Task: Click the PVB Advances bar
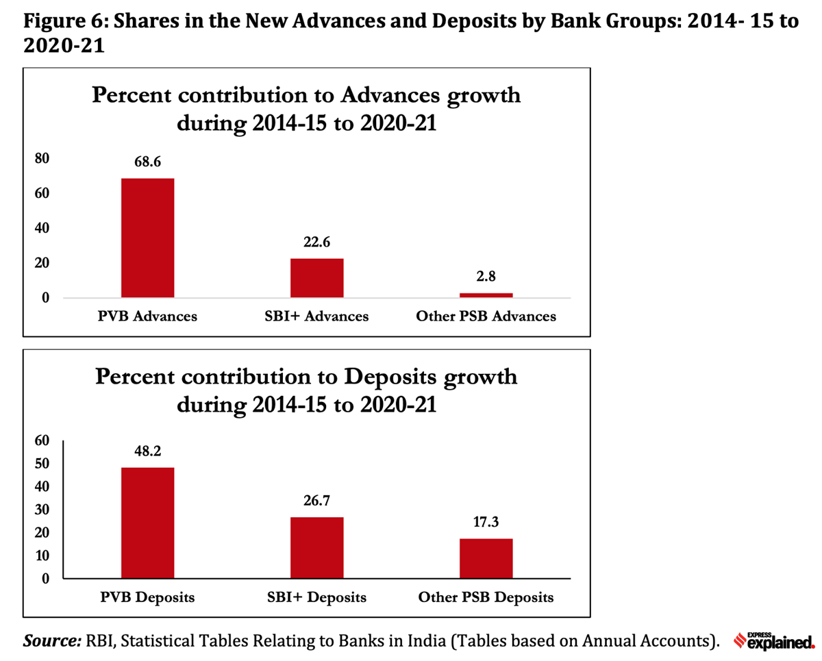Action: coord(147,238)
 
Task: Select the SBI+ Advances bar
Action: coord(316,277)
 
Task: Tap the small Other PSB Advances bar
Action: coord(486,295)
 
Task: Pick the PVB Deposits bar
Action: coord(147,523)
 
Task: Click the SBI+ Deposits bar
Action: coord(316,547)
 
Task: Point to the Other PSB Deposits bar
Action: coord(486,558)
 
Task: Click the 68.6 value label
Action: coord(147,162)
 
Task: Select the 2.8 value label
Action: coord(486,277)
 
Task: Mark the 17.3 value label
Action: coord(486,523)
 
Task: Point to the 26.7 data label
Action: coord(316,501)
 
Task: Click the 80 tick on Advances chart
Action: coord(42,158)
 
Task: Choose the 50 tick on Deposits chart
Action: coord(42,464)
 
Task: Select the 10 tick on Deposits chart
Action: coord(42,556)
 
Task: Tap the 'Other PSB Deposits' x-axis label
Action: coord(486,597)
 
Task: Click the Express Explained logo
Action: coord(774,640)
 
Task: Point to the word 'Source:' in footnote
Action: coord(52,641)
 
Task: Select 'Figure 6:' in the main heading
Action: coord(62,21)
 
